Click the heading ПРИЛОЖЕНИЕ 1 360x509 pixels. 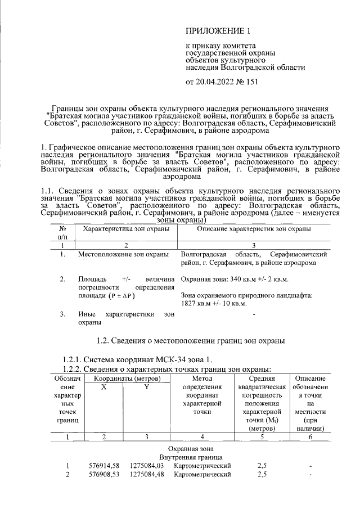point(217,30)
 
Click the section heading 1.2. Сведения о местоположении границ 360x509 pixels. point(191,341)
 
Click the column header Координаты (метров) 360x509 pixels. point(127,379)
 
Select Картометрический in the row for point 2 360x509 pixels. point(202,475)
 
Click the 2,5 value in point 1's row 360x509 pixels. point(262,466)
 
